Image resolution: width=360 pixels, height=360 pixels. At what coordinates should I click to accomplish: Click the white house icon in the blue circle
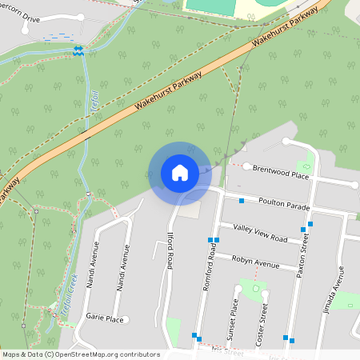pos(180,172)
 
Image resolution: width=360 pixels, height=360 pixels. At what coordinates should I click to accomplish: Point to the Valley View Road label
pos(260,234)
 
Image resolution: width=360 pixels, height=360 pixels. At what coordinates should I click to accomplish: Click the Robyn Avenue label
pos(255,263)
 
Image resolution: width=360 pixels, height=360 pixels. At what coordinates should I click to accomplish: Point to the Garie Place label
pos(104,318)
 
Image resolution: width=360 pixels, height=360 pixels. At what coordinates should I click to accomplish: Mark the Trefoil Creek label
pos(67,295)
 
